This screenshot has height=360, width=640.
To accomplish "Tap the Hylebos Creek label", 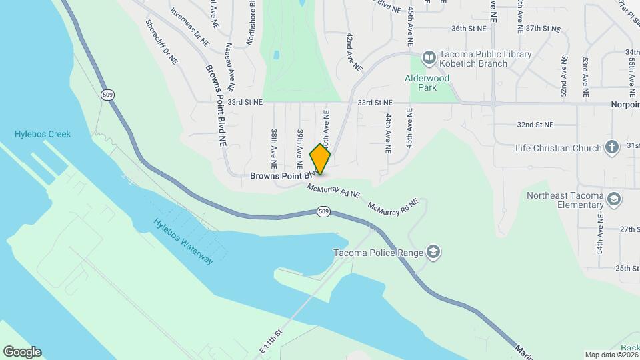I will click(x=43, y=134).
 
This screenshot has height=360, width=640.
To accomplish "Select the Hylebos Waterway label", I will click(x=183, y=241).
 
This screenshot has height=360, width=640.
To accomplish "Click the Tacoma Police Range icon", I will click(x=434, y=251).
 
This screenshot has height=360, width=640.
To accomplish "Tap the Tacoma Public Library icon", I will click(x=429, y=59).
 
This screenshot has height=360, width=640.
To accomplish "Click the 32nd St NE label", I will click(x=535, y=125).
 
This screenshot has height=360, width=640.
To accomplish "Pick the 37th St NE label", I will click(x=542, y=29).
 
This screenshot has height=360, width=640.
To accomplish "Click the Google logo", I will click(x=21, y=352).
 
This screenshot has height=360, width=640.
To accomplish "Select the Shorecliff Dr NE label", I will click(x=162, y=40).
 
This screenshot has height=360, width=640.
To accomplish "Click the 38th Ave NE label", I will click(x=273, y=148).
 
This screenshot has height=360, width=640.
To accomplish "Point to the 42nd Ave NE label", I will click(x=353, y=52).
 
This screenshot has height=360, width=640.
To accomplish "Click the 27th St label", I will click(x=629, y=229).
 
